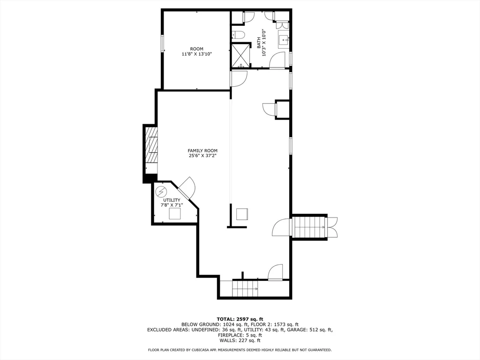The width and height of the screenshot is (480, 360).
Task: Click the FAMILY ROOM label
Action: (202, 150)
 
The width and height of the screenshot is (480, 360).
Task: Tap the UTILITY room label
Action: (171, 200)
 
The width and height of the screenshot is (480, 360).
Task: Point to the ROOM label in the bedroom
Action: (197, 49)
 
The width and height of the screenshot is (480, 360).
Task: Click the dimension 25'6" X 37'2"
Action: (202, 156)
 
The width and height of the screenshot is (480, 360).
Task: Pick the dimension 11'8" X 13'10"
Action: (197, 54)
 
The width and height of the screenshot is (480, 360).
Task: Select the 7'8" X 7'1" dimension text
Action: (171, 205)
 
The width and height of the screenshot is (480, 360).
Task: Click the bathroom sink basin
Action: (284, 40)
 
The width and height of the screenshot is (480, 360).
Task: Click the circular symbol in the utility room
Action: (161, 191)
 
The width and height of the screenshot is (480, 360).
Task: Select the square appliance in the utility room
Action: (175, 214)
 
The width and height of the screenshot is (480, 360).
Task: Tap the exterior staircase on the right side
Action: (309, 227)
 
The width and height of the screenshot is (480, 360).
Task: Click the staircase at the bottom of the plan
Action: (245, 289)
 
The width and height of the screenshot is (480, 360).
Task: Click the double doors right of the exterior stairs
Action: (332, 227)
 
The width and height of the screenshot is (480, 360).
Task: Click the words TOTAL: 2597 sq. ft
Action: (240, 319)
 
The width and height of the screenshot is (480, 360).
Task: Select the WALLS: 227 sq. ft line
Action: (240, 341)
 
